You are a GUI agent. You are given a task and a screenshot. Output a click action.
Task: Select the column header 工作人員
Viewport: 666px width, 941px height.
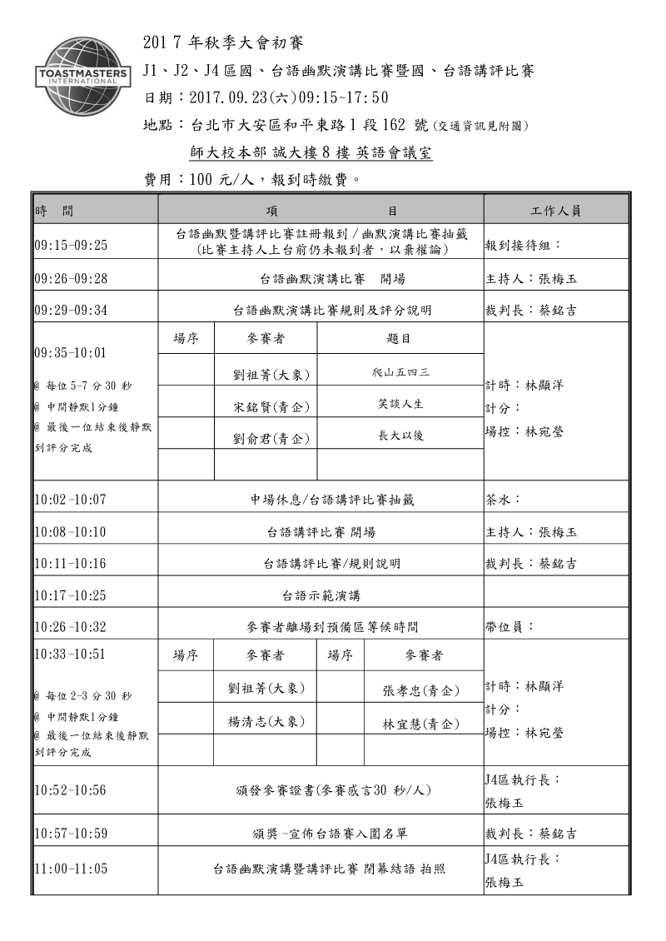pyautogui.click(x=555, y=212)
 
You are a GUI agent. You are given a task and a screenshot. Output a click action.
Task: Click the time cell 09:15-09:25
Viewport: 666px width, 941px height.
pyautogui.click(x=72, y=246)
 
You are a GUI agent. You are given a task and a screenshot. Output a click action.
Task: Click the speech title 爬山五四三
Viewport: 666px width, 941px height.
pyautogui.click(x=400, y=371)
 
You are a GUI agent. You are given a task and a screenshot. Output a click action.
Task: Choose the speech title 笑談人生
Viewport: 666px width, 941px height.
pyautogui.click(x=400, y=404)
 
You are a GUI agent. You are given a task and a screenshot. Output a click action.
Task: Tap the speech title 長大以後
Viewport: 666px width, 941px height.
pyautogui.click(x=400, y=436)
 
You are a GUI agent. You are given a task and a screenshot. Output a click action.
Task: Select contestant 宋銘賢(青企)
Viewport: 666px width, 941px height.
pyautogui.click(x=266, y=406)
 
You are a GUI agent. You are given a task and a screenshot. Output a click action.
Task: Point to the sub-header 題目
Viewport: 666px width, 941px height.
pyautogui.click(x=400, y=339)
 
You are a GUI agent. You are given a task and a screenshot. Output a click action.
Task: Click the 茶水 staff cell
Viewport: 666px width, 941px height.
pyautogui.click(x=503, y=500)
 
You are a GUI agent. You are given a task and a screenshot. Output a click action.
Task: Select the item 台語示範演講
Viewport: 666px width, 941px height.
pyautogui.click(x=321, y=595)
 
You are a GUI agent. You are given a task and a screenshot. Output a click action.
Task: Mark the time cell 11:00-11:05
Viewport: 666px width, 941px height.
pyautogui.click(x=72, y=868)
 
